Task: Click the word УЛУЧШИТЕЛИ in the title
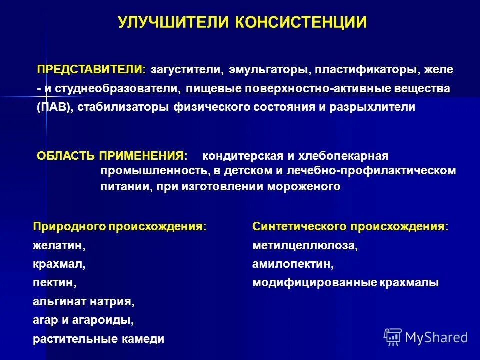(x=173, y=22)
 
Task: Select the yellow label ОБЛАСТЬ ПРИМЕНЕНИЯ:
(x=112, y=156)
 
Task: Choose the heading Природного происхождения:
(x=120, y=226)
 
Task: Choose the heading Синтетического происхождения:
(x=350, y=226)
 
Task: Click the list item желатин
(x=59, y=246)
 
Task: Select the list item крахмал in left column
(x=59, y=264)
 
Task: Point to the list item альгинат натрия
(x=84, y=302)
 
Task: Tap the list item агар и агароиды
(x=84, y=320)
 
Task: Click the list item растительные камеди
(x=98, y=339)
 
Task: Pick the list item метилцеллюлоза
(x=305, y=246)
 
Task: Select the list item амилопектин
(x=293, y=264)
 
